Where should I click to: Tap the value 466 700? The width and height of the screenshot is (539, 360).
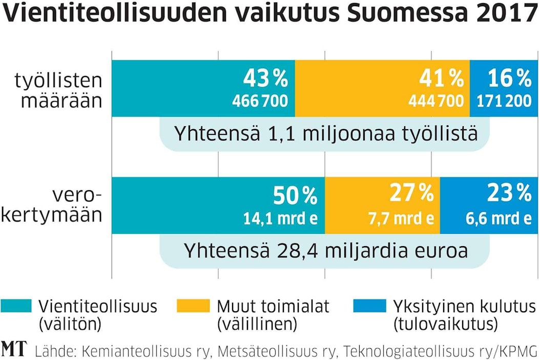[260, 101]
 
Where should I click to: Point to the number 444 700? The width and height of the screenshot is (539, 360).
[436, 101]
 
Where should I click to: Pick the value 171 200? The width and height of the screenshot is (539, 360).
[504, 101]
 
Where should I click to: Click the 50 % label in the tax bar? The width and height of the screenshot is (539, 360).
[295, 195]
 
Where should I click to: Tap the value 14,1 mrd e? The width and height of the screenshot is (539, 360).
[280, 218]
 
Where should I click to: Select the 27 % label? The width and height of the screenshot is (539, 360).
[411, 193]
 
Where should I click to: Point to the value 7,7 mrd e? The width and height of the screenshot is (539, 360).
[401, 218]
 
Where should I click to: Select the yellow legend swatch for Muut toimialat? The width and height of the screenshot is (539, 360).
[193, 306]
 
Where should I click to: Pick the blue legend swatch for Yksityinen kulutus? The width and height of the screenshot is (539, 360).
[369, 306]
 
